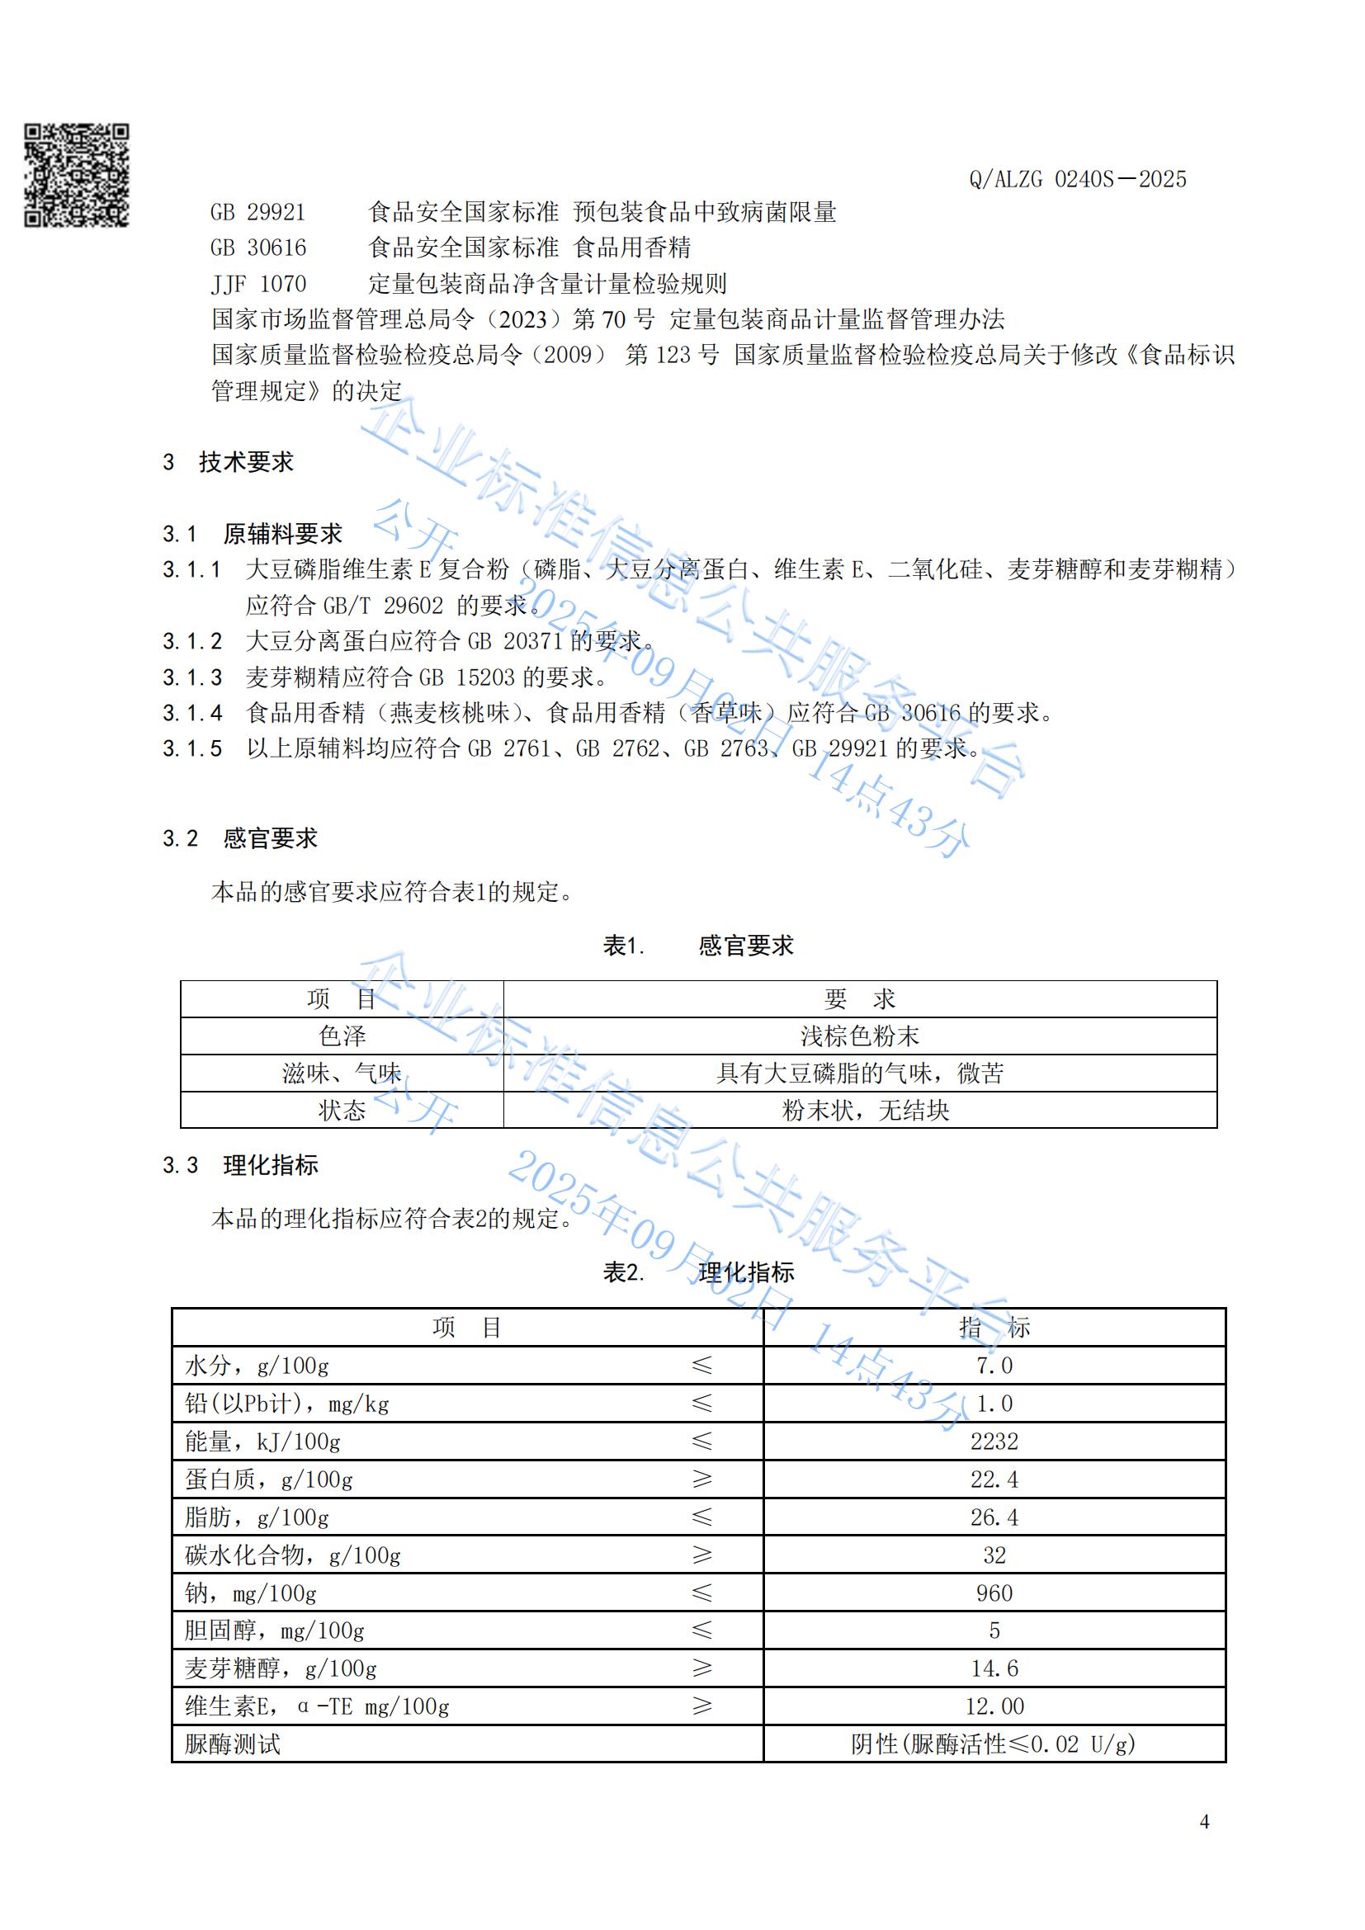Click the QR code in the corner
click(76, 175)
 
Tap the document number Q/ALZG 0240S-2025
click(1077, 179)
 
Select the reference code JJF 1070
click(258, 284)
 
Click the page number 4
click(1204, 1822)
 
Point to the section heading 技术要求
click(245, 462)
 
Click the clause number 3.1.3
click(192, 677)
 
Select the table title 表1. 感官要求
click(697, 946)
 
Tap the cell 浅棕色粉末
click(859, 1036)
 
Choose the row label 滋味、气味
click(342, 1074)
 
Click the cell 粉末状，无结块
click(865, 1111)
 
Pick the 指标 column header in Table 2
click(994, 1328)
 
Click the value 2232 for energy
click(994, 1442)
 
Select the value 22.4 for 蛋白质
click(994, 1479)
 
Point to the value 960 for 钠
click(994, 1593)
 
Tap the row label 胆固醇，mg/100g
click(275, 1630)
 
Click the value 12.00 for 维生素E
click(994, 1706)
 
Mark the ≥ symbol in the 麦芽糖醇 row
click(701, 1668)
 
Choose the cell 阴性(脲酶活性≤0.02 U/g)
click(994, 1744)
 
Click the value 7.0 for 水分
click(994, 1366)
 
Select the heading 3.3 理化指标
click(240, 1166)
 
